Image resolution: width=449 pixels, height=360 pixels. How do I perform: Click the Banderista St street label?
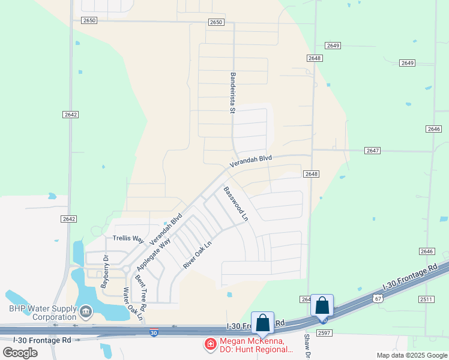tap(232, 93)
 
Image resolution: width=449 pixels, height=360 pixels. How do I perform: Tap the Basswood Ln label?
tap(236, 204)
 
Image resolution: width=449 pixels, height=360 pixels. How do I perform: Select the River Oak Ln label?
tap(197, 255)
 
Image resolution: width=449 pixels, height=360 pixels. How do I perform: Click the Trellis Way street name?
tap(128, 238)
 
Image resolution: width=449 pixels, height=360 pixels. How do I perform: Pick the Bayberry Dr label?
tap(104, 272)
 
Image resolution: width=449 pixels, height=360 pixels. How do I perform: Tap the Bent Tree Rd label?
tap(141, 291)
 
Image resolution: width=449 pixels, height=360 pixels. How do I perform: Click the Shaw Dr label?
tap(306, 346)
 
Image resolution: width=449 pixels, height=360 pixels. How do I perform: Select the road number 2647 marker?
tap(372, 151)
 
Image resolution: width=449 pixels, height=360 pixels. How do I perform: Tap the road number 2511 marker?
tap(426, 299)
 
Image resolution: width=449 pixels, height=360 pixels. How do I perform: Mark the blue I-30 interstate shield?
tap(154, 332)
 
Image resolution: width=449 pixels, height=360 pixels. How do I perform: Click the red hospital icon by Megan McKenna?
tap(210, 344)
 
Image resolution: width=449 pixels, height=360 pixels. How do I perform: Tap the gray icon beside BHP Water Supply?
tap(85, 311)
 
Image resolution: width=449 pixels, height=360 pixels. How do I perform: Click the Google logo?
tap(20, 353)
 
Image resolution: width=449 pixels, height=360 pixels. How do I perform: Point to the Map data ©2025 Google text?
tap(412, 355)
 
